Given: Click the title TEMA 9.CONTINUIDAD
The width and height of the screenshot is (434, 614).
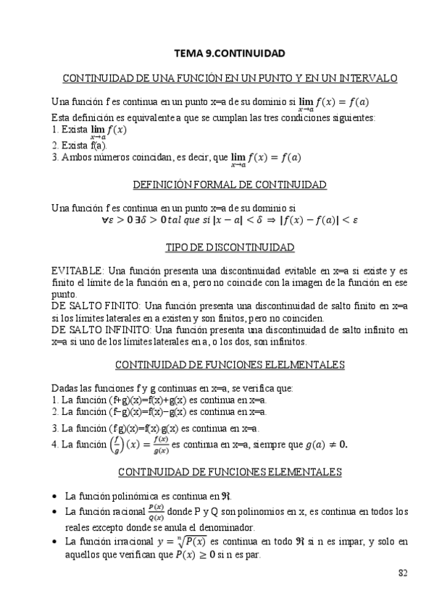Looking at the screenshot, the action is (x=230, y=53).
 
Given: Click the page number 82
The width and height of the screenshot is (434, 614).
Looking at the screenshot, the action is (x=403, y=573).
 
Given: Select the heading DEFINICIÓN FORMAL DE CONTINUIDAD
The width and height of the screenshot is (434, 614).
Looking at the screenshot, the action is (x=230, y=185).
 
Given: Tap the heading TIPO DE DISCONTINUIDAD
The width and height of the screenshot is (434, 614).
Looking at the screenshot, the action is (x=230, y=248).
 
